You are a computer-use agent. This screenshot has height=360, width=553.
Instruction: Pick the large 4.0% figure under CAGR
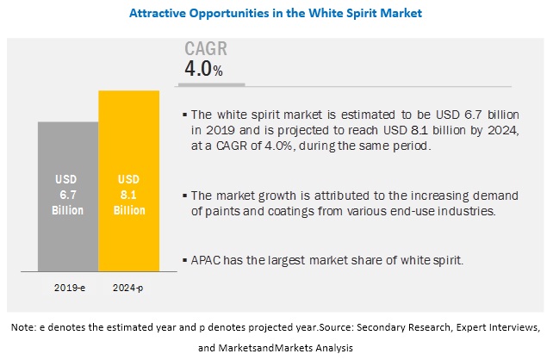203,69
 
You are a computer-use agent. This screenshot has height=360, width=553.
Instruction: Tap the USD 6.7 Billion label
68,193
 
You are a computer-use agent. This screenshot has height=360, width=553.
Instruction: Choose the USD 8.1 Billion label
129,193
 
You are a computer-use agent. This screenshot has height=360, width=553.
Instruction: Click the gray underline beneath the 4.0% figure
213,84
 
